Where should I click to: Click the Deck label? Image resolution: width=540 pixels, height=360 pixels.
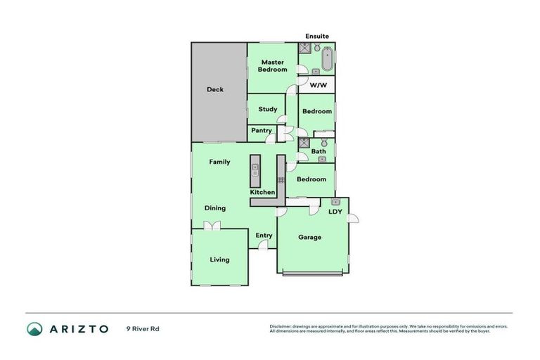[215, 89]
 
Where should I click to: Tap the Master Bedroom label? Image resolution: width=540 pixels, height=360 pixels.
[273, 65]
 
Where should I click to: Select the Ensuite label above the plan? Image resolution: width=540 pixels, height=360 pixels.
[316, 36]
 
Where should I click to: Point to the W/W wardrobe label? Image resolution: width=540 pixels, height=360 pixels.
[318, 86]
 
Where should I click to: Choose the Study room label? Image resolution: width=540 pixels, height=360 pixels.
[267, 109]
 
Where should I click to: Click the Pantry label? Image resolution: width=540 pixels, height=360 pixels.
[261, 130]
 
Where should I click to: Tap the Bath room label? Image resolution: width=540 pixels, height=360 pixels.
[319, 151]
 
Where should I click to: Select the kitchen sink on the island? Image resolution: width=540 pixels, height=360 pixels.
[255, 169]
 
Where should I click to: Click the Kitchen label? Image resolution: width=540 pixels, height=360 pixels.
[263, 192]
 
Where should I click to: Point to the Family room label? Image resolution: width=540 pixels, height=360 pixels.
[219, 162]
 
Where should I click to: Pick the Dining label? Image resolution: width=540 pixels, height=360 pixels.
[215, 208]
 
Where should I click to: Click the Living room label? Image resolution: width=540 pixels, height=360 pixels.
[219, 259]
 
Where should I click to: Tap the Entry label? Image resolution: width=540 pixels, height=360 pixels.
[264, 236]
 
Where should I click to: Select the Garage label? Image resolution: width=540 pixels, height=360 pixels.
[309, 237]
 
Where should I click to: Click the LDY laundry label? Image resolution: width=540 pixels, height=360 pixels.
[335, 211]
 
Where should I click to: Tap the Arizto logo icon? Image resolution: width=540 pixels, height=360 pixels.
[34, 328]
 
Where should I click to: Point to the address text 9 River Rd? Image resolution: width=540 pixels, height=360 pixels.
[142, 328]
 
